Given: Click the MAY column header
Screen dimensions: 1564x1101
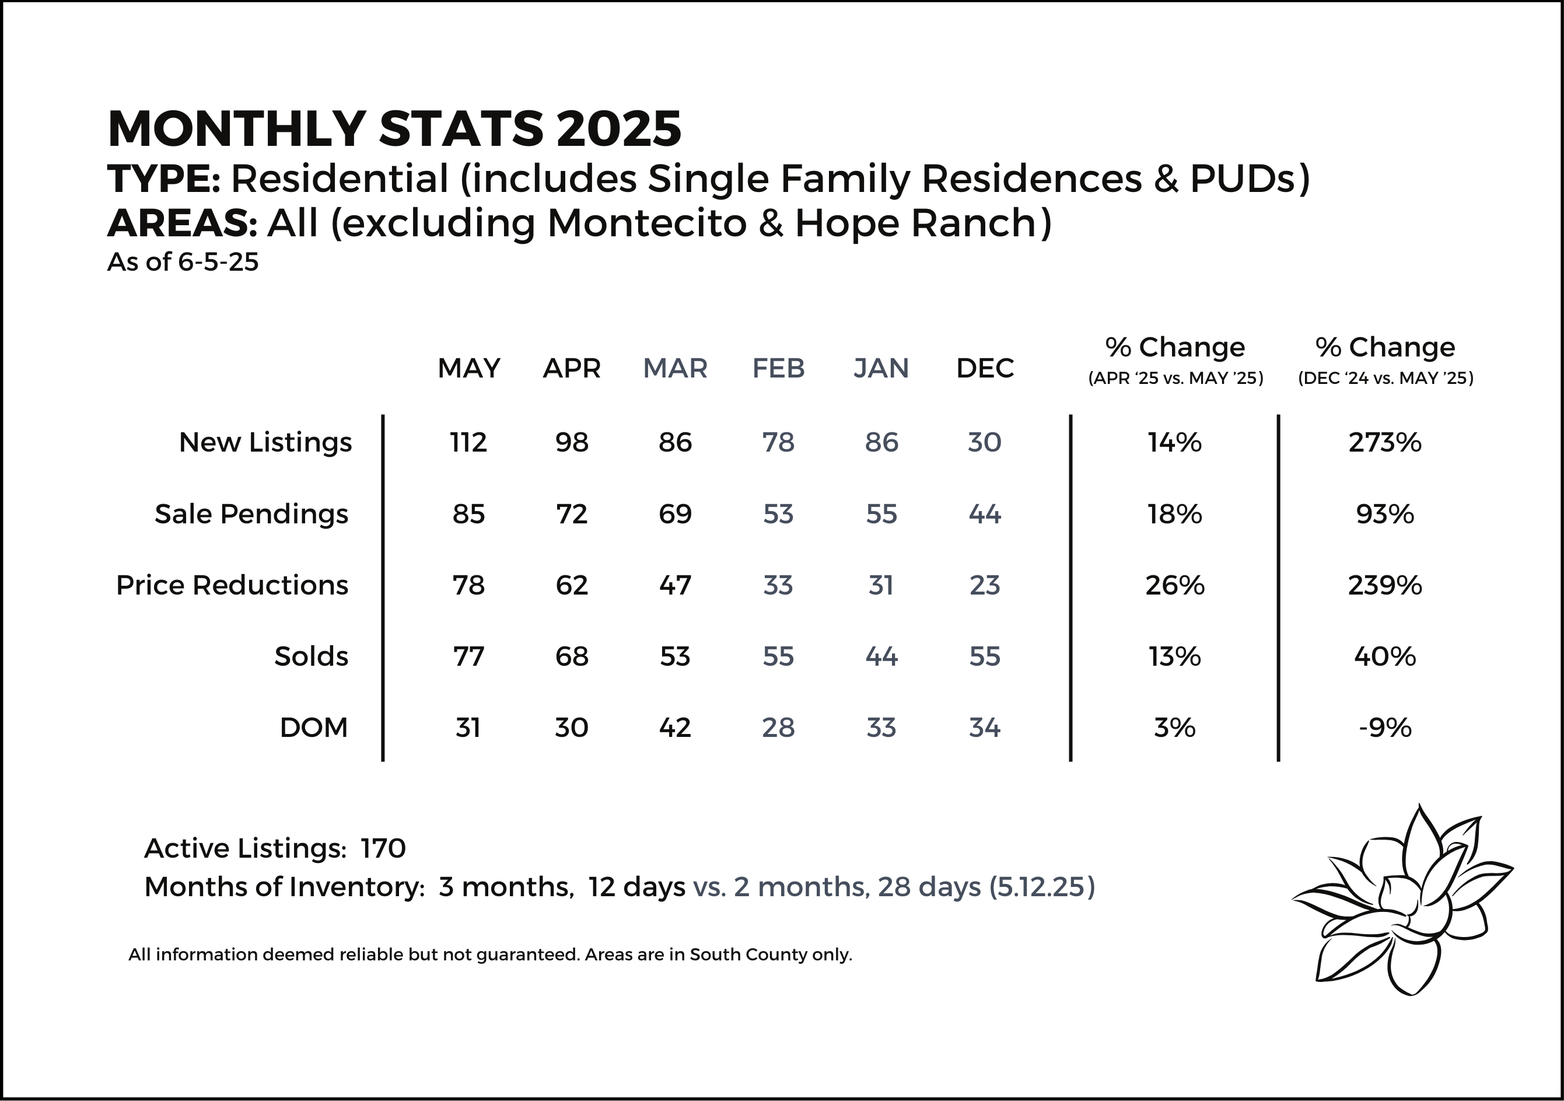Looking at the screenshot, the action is pyautogui.click(x=468, y=368).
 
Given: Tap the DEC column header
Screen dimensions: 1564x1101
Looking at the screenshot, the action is pyautogui.click(x=985, y=368).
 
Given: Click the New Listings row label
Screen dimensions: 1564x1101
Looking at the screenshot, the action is pyautogui.click(x=265, y=443).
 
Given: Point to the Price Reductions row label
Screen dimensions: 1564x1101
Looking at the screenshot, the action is pyautogui.click(x=232, y=585).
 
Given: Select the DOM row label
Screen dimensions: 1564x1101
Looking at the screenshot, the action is pyautogui.click(x=313, y=728).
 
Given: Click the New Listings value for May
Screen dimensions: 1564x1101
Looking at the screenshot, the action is pyautogui.click(x=468, y=443).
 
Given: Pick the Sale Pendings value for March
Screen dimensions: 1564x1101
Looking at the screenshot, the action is pyautogui.click(x=675, y=513).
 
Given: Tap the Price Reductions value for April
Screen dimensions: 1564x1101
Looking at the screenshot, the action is pyautogui.click(x=572, y=585).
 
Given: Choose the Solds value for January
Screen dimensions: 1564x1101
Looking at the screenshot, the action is pyautogui.click(x=881, y=656).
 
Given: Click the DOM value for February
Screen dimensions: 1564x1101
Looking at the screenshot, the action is pyautogui.click(x=778, y=728).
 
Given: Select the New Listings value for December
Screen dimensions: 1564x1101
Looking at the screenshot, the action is pyautogui.click(x=984, y=443).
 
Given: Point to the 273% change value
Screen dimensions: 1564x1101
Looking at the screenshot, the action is pyautogui.click(x=1385, y=443).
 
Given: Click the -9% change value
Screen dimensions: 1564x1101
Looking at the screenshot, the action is pyautogui.click(x=1385, y=728).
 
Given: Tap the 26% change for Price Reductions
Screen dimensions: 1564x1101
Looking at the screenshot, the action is pyautogui.click(x=1174, y=585).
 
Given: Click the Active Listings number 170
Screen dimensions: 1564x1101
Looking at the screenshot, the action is pyautogui.click(x=383, y=848).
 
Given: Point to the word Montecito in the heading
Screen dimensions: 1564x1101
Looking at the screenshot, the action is pyautogui.click(x=647, y=223).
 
